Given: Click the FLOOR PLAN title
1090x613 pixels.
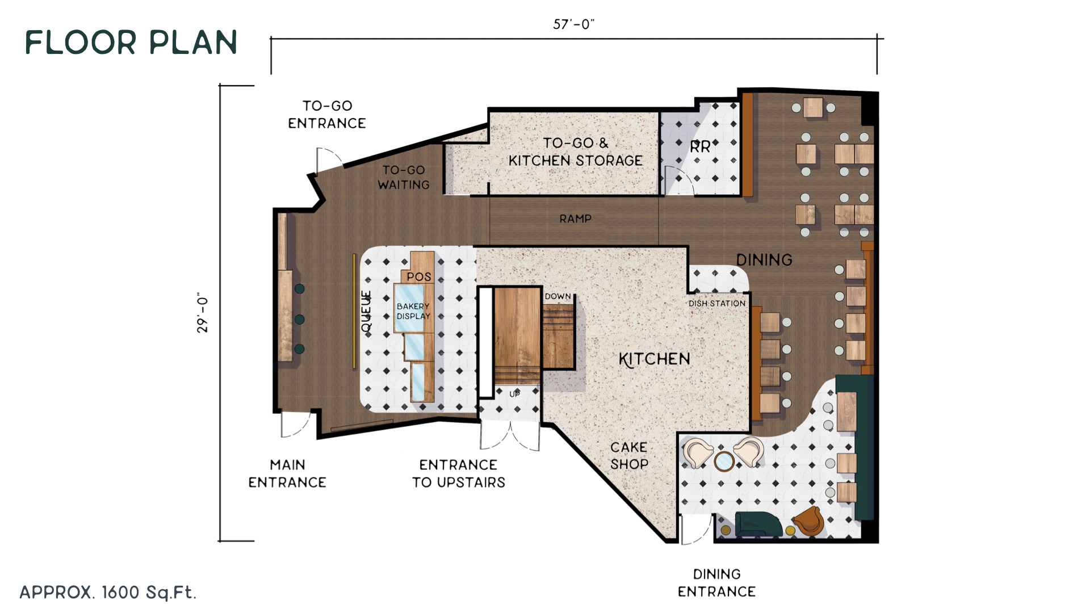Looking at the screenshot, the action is [131, 43].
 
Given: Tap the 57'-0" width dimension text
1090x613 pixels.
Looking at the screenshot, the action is [573, 24].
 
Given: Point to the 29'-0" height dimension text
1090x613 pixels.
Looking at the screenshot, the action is [203, 313].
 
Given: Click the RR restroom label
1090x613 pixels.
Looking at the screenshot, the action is [700, 147].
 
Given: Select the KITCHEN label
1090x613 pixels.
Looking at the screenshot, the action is [655, 359].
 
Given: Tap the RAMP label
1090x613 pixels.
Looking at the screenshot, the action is [575, 219].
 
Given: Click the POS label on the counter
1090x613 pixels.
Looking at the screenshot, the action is [419, 277].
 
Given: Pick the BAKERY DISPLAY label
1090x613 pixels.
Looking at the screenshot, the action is [413, 311].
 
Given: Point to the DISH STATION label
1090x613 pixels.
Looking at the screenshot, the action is [717, 304].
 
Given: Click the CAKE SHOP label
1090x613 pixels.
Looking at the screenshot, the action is [629, 455].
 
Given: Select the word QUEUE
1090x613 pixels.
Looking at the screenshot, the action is [366, 311].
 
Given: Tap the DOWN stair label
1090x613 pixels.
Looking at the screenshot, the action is [557, 296].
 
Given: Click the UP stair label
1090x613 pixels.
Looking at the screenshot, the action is [514, 393].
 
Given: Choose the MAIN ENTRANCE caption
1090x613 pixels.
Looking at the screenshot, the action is [287, 473].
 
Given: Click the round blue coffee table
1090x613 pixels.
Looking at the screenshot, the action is [724, 461].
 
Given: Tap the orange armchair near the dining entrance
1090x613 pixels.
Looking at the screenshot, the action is [808, 521].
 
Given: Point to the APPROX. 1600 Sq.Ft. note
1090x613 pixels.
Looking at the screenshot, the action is [108, 593].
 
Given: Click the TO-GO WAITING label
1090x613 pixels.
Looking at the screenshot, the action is [404, 177].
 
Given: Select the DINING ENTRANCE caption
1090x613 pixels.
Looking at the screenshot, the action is [716, 583].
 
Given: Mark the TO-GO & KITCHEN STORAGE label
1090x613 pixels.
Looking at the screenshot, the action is [575, 152].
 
